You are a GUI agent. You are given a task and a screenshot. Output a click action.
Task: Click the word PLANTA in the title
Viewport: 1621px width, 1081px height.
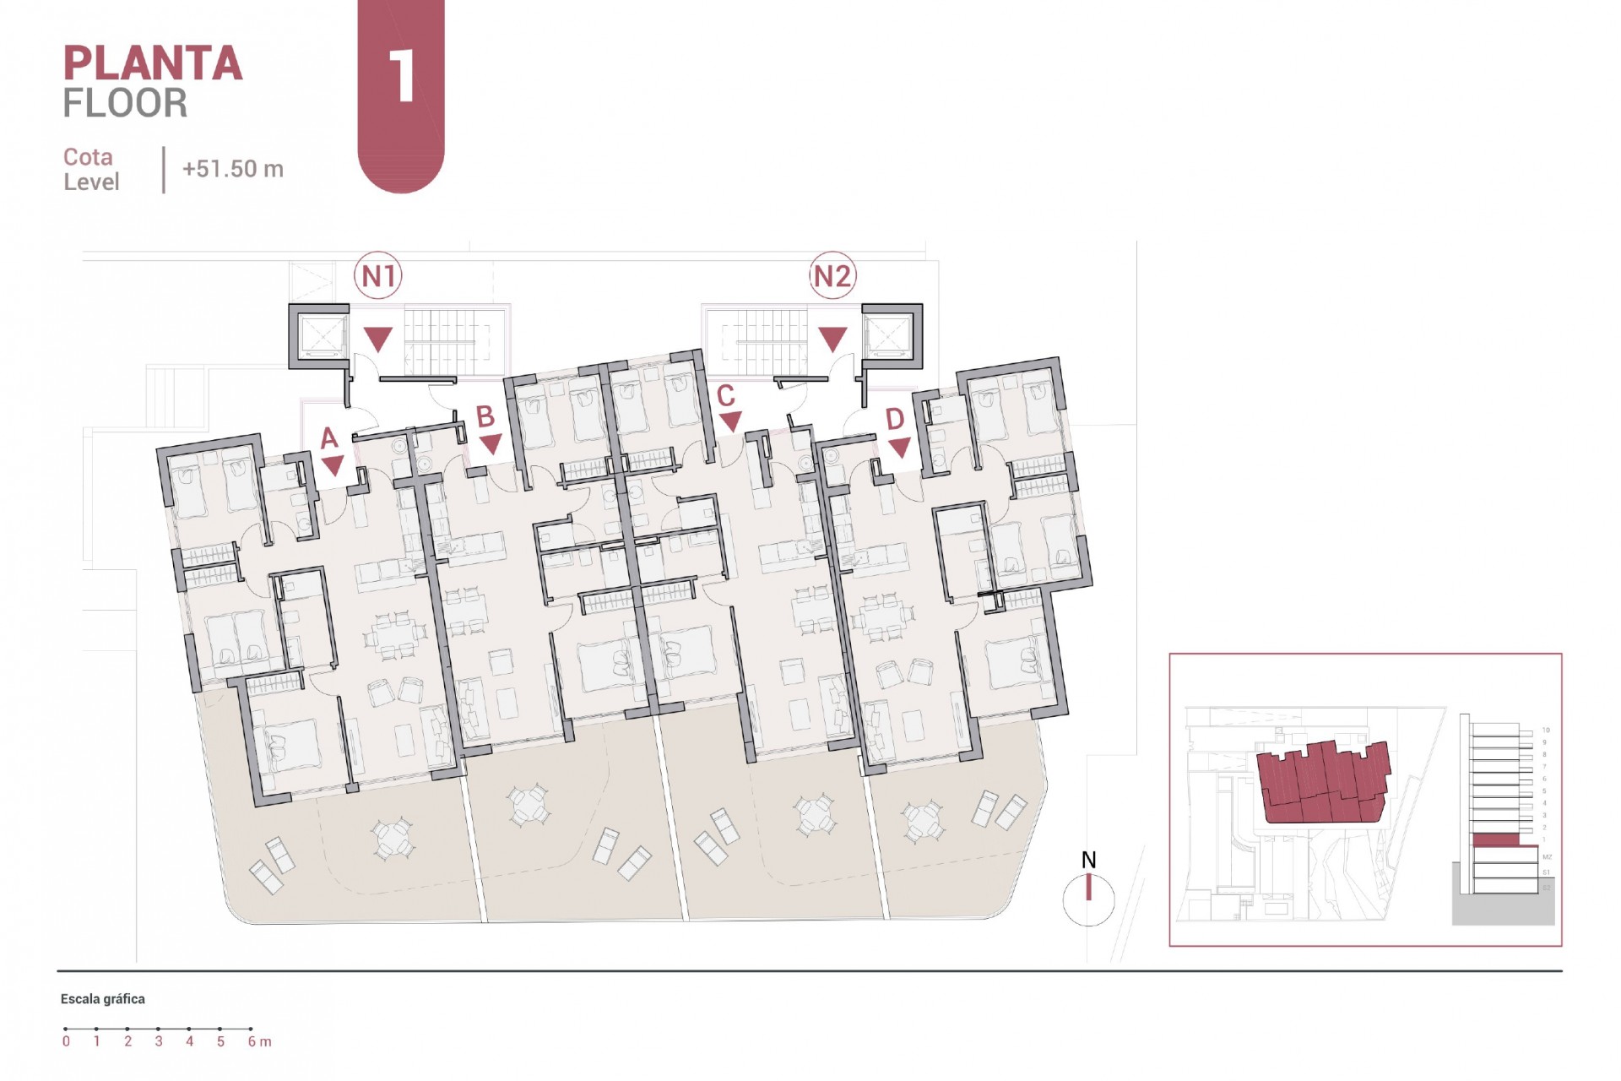(153, 64)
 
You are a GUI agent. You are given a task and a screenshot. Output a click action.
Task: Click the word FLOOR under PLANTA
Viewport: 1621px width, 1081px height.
(125, 103)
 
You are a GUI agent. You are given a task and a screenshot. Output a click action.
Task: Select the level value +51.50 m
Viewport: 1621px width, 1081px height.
(233, 169)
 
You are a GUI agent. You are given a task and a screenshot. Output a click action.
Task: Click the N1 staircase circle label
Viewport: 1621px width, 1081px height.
(378, 275)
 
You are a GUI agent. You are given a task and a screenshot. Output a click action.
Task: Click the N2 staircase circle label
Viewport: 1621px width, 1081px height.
(832, 275)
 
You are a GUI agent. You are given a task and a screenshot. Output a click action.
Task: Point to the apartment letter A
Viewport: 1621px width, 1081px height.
(329, 438)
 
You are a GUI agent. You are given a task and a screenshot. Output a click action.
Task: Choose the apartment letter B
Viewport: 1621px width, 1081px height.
(485, 416)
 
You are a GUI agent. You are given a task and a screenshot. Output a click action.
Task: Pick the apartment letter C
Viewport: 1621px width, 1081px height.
(725, 395)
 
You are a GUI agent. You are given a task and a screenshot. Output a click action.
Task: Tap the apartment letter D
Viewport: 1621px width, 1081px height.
(895, 419)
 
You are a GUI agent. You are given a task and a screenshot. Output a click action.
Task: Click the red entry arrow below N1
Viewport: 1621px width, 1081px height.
(378, 340)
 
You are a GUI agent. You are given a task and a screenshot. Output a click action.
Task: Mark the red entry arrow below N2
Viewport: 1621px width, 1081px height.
(832, 340)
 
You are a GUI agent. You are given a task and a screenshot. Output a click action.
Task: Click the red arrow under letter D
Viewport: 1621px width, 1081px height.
(899, 448)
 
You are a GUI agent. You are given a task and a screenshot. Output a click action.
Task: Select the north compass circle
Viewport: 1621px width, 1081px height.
(1088, 900)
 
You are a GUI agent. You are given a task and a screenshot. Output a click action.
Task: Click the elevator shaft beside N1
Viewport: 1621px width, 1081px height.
(319, 336)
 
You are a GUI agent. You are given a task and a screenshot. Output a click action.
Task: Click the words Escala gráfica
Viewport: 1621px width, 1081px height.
(103, 999)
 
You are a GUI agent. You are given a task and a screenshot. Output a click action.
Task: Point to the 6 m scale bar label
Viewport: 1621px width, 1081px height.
(259, 1042)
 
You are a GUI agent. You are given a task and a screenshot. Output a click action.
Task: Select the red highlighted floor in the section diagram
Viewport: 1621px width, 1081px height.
(1494, 839)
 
